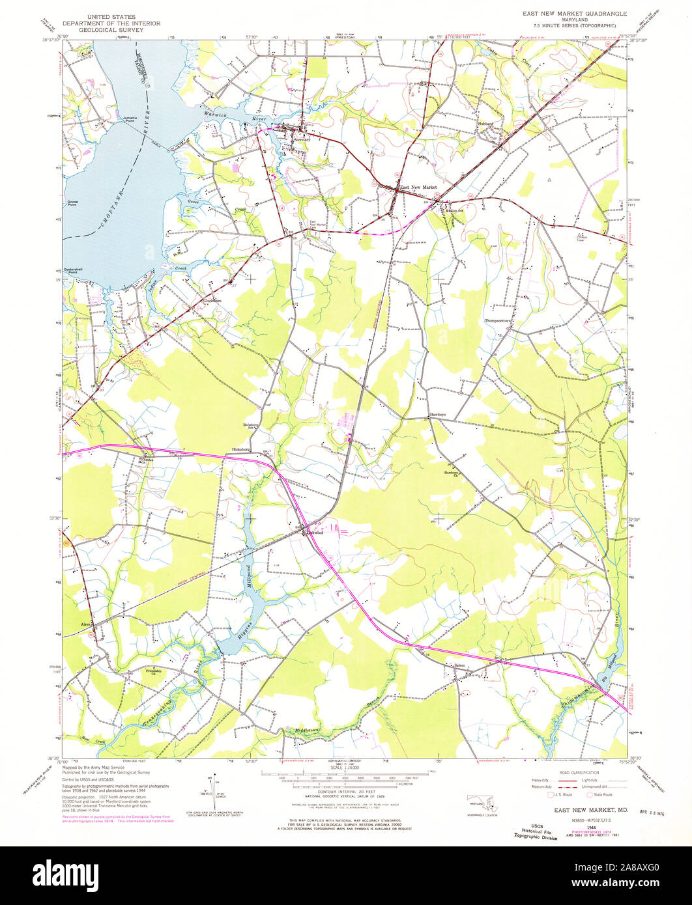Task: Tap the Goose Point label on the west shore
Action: click(x=72, y=203)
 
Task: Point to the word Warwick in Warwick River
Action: click(x=215, y=115)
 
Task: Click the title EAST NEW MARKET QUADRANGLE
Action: click(x=575, y=13)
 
